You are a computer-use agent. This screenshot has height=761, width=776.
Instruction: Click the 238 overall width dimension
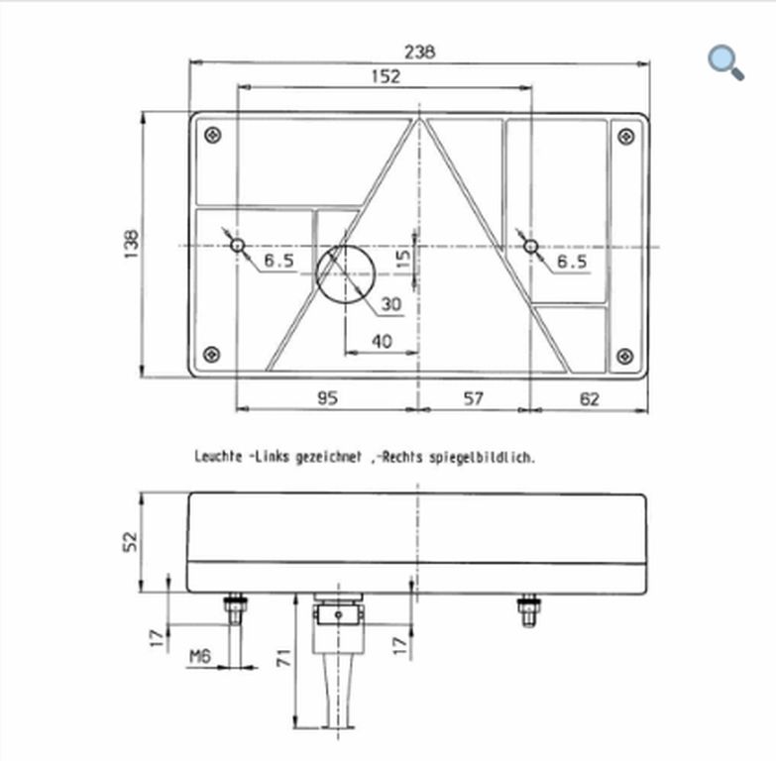point(419,52)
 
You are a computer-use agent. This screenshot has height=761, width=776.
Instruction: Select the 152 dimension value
point(386,76)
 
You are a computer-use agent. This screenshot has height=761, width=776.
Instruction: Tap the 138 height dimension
point(132,244)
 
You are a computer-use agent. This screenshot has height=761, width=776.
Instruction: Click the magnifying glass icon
point(725,62)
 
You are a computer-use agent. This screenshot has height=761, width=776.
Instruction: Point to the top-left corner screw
point(213,135)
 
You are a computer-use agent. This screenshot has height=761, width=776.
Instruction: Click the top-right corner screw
point(626,136)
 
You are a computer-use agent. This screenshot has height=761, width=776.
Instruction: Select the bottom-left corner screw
point(212,354)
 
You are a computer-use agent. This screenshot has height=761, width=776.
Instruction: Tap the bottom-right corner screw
point(625,356)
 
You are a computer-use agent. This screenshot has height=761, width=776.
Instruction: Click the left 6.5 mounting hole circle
point(238,245)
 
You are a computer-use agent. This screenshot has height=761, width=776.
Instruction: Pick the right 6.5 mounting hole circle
point(531,246)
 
